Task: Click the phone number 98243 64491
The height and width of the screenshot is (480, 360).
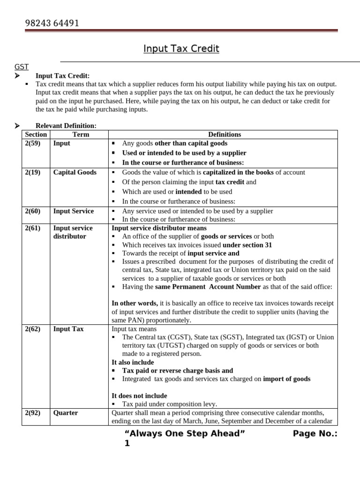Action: pos(52,23)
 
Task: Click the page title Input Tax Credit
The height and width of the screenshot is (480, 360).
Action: pos(181,49)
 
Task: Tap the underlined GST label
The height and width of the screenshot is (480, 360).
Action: pos(22,67)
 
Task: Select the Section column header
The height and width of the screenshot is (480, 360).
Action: pos(36,135)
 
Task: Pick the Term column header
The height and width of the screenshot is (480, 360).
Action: pos(81,135)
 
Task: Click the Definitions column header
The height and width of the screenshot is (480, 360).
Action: pos(225,135)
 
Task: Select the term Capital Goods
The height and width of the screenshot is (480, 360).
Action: pos(75,172)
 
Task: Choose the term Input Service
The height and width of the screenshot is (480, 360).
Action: pos(74,211)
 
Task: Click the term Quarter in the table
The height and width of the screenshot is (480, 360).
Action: pos(66,413)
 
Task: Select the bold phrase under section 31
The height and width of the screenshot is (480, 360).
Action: pos(247,245)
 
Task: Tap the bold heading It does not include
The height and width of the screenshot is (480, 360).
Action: pos(139,396)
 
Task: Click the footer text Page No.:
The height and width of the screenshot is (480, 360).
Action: pos(315,434)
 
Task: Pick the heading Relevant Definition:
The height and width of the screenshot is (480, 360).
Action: pos(66,126)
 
